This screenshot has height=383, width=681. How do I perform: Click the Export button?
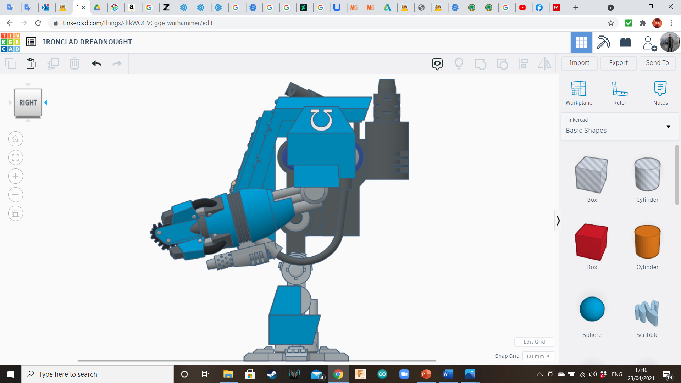[x=618, y=63]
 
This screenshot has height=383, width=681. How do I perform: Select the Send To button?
[x=657, y=63]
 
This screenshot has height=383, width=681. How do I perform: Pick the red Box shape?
[x=591, y=242]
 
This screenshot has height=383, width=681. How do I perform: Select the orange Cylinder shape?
[x=647, y=242]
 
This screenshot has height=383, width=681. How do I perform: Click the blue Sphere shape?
[x=592, y=309]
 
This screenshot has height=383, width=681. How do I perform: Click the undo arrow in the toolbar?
[x=96, y=63]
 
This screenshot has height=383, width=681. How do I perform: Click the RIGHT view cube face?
[x=28, y=103]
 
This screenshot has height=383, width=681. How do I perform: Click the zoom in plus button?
[x=16, y=176]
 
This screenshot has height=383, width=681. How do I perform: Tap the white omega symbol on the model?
[x=321, y=120]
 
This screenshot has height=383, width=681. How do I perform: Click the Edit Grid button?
[x=534, y=342]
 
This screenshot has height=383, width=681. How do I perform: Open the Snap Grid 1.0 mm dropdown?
[x=538, y=356]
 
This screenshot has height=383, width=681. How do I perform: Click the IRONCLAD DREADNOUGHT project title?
[x=87, y=42]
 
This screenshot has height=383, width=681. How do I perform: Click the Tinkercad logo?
[x=11, y=42]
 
